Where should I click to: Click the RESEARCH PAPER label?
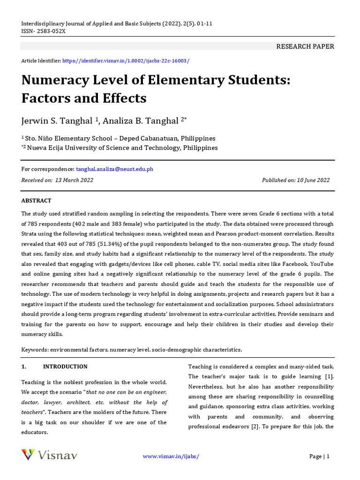pyautogui.click(x=305, y=46)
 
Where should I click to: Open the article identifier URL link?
pyautogui.click(x=126, y=61)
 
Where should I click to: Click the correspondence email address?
pyautogui.click(x=114, y=169)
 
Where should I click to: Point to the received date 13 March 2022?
pyautogui.click(x=74, y=180)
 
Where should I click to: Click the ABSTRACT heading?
pyautogui.click(x=36, y=201)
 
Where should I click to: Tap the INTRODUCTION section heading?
pyautogui.click(x=65, y=367)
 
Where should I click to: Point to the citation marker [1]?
pyautogui.click(x=329, y=377)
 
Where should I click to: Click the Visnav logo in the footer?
pyautogui.click(x=49, y=455)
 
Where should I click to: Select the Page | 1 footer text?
pyautogui.click(x=319, y=457)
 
